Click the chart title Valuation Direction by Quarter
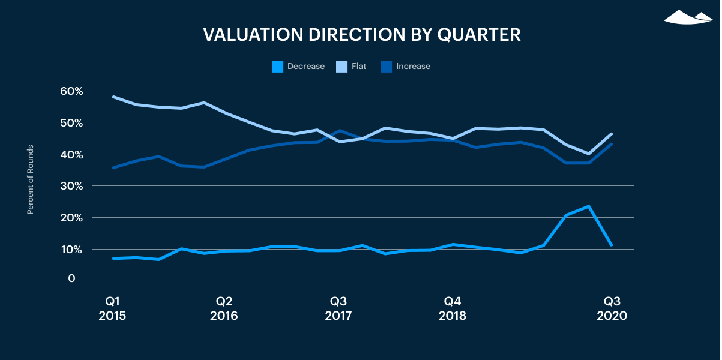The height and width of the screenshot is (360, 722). pyautogui.click(x=361, y=35)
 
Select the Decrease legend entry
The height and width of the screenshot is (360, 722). pyautogui.click(x=298, y=67)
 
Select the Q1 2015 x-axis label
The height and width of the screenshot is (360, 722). pyautogui.click(x=112, y=308)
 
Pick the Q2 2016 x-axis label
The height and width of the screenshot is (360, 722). pyautogui.click(x=224, y=308)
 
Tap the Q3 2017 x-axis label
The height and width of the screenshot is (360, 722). pyautogui.click(x=338, y=308)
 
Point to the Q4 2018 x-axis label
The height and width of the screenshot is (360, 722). pyautogui.click(x=452, y=308)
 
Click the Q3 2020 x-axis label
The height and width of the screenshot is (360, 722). pyautogui.click(x=612, y=308)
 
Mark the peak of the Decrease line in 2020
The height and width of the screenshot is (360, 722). pyautogui.click(x=589, y=206)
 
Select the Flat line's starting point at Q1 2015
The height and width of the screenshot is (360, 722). pyautogui.click(x=113, y=97)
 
